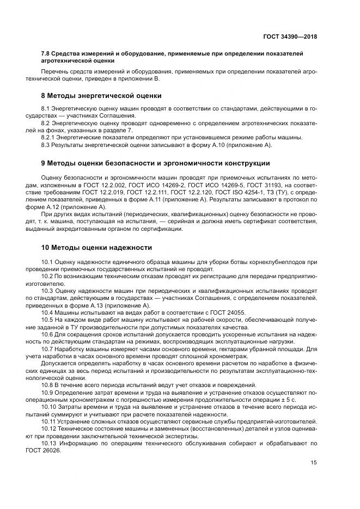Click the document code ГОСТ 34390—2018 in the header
(x=290, y=36)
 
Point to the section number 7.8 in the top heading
(x=47, y=53)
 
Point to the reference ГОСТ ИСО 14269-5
(x=211, y=186)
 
